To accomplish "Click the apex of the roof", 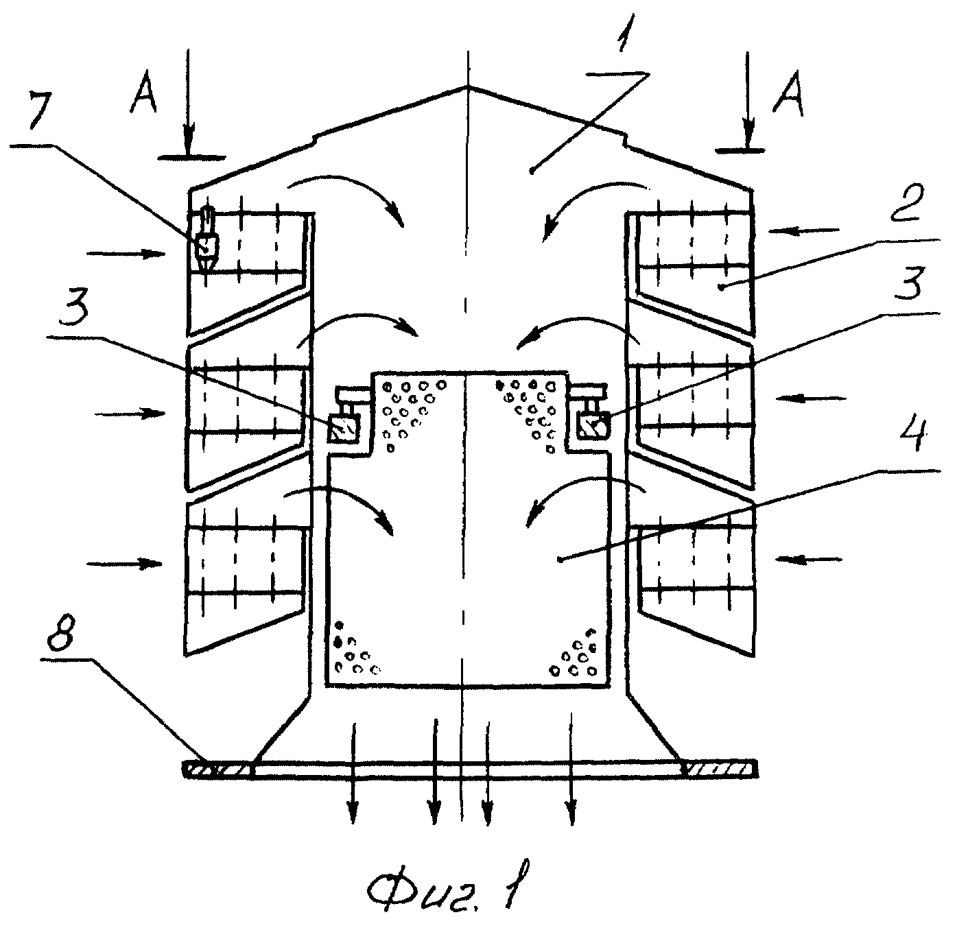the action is click(x=468, y=87).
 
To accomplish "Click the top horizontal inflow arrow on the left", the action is click(x=126, y=254).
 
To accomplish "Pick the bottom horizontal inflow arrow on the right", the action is click(x=808, y=559).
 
